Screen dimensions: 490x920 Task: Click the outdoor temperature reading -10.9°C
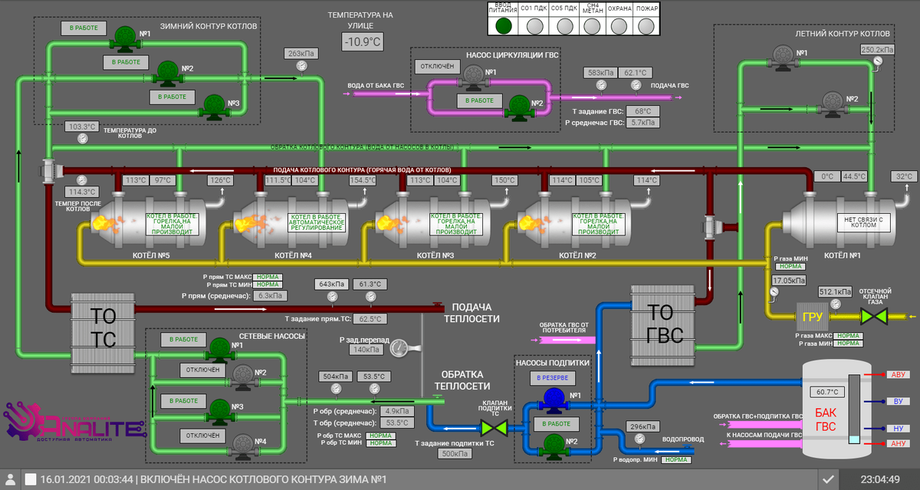pyautogui.click(x=362, y=42)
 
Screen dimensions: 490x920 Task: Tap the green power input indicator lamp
pyautogui.click(x=503, y=25)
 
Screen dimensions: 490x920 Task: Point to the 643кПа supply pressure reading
pyautogui.click(x=331, y=284)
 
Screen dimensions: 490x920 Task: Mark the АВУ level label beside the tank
pyautogui.click(x=899, y=375)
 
